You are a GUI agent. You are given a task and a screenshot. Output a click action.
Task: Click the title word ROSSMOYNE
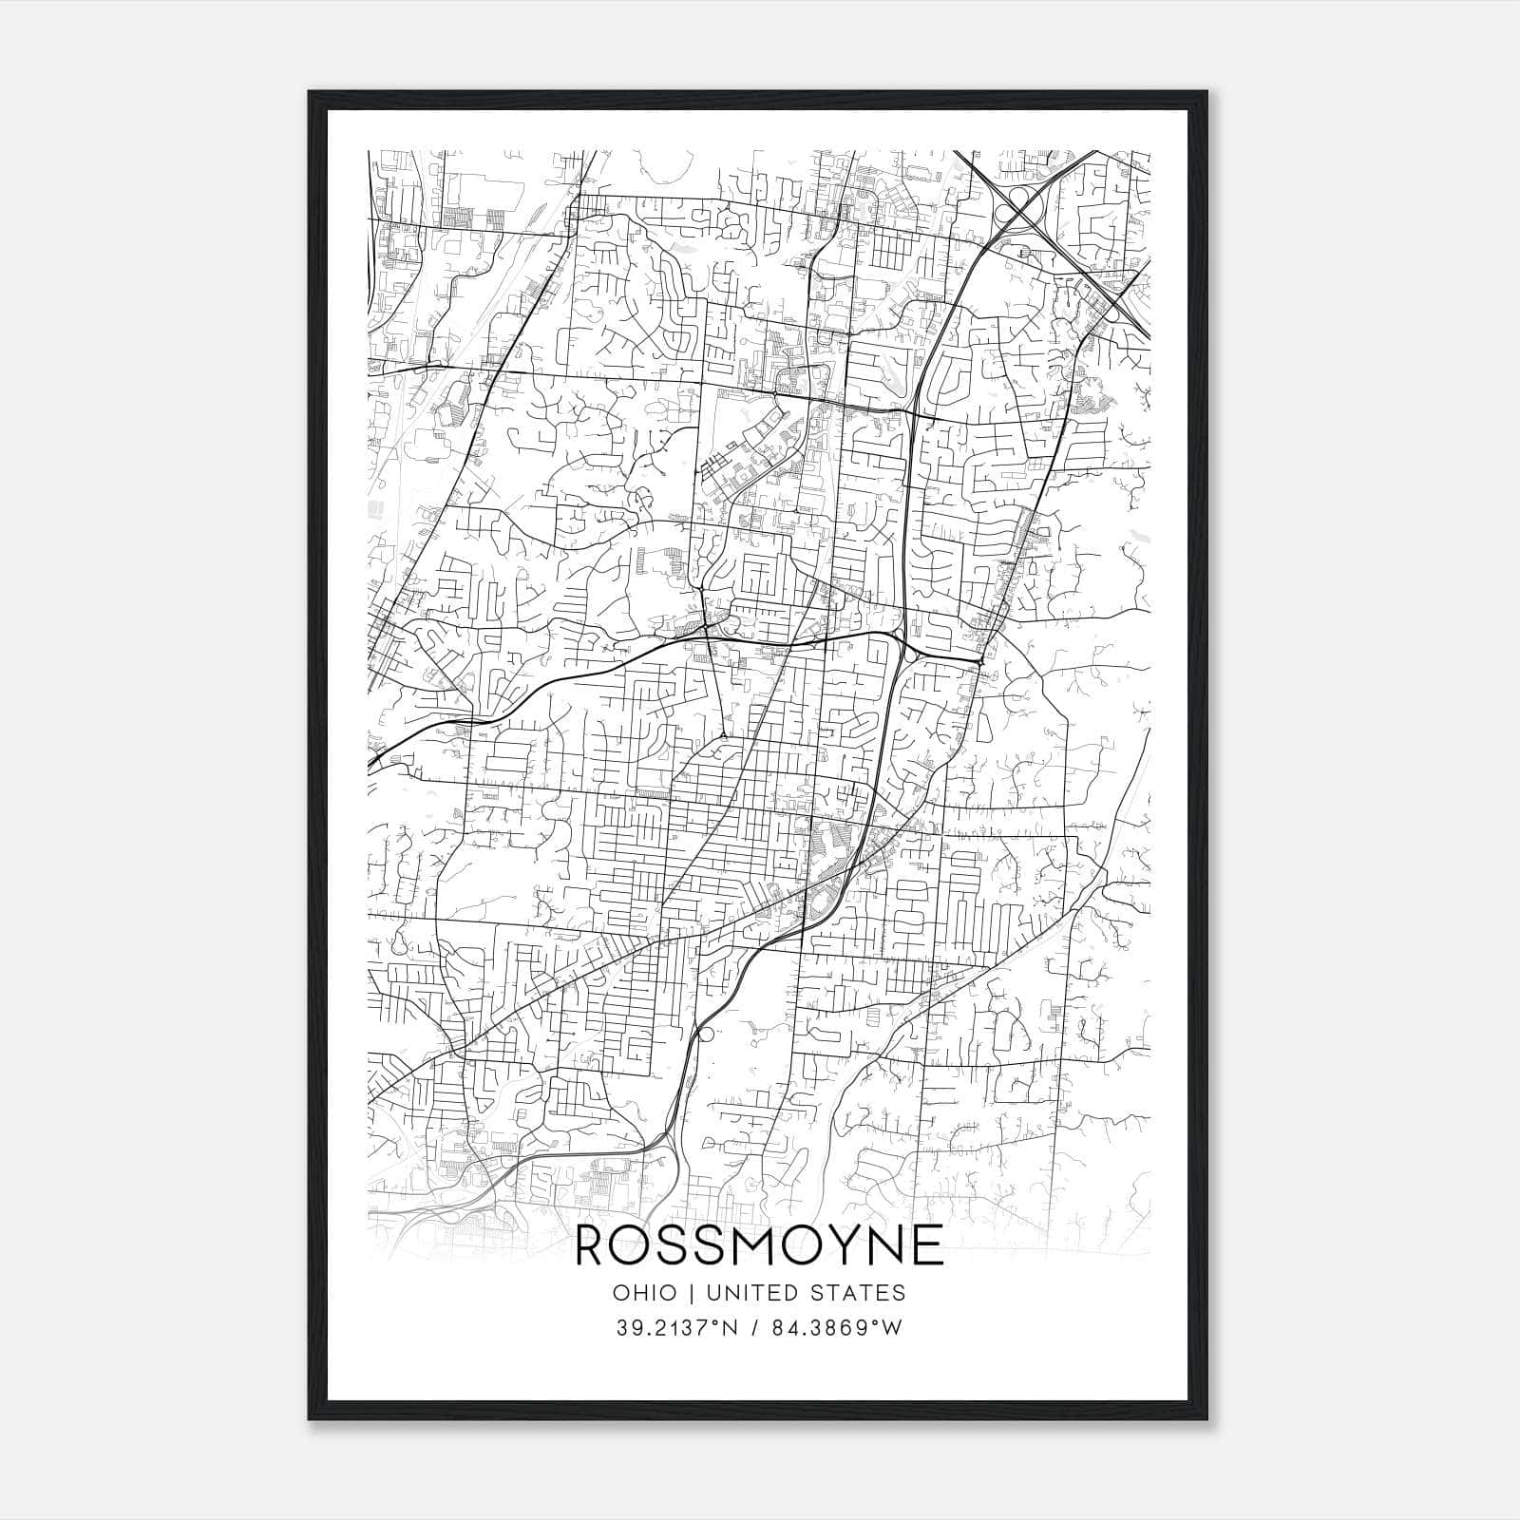point(760,1245)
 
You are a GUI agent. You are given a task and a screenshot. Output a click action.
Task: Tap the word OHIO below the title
point(645,1293)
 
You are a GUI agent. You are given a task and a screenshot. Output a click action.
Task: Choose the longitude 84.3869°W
point(842,1328)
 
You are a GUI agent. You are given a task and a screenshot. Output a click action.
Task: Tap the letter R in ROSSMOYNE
point(594,1245)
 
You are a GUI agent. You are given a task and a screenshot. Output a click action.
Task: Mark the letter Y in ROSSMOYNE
point(834,1245)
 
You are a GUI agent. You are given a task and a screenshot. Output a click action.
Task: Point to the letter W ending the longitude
point(891,1328)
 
